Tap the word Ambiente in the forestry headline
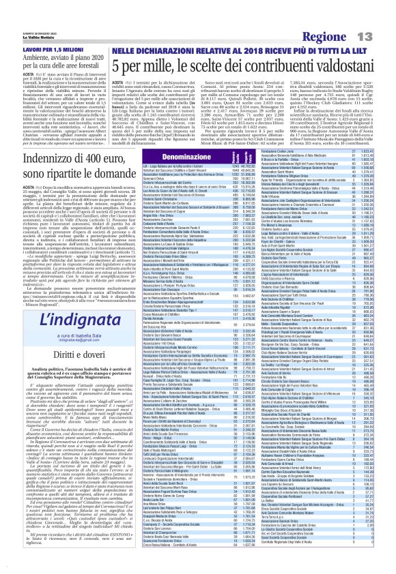pos(27,40)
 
